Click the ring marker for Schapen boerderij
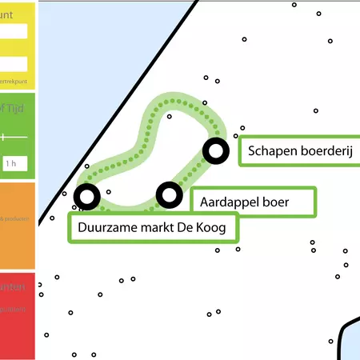click(215, 150)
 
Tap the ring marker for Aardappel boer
click(169, 194)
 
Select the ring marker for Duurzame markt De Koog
click(86, 196)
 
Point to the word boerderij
click(325, 150)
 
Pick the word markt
click(158, 229)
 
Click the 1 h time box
click(10, 163)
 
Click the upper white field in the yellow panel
click(14, 31)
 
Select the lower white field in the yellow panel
click(14, 64)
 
